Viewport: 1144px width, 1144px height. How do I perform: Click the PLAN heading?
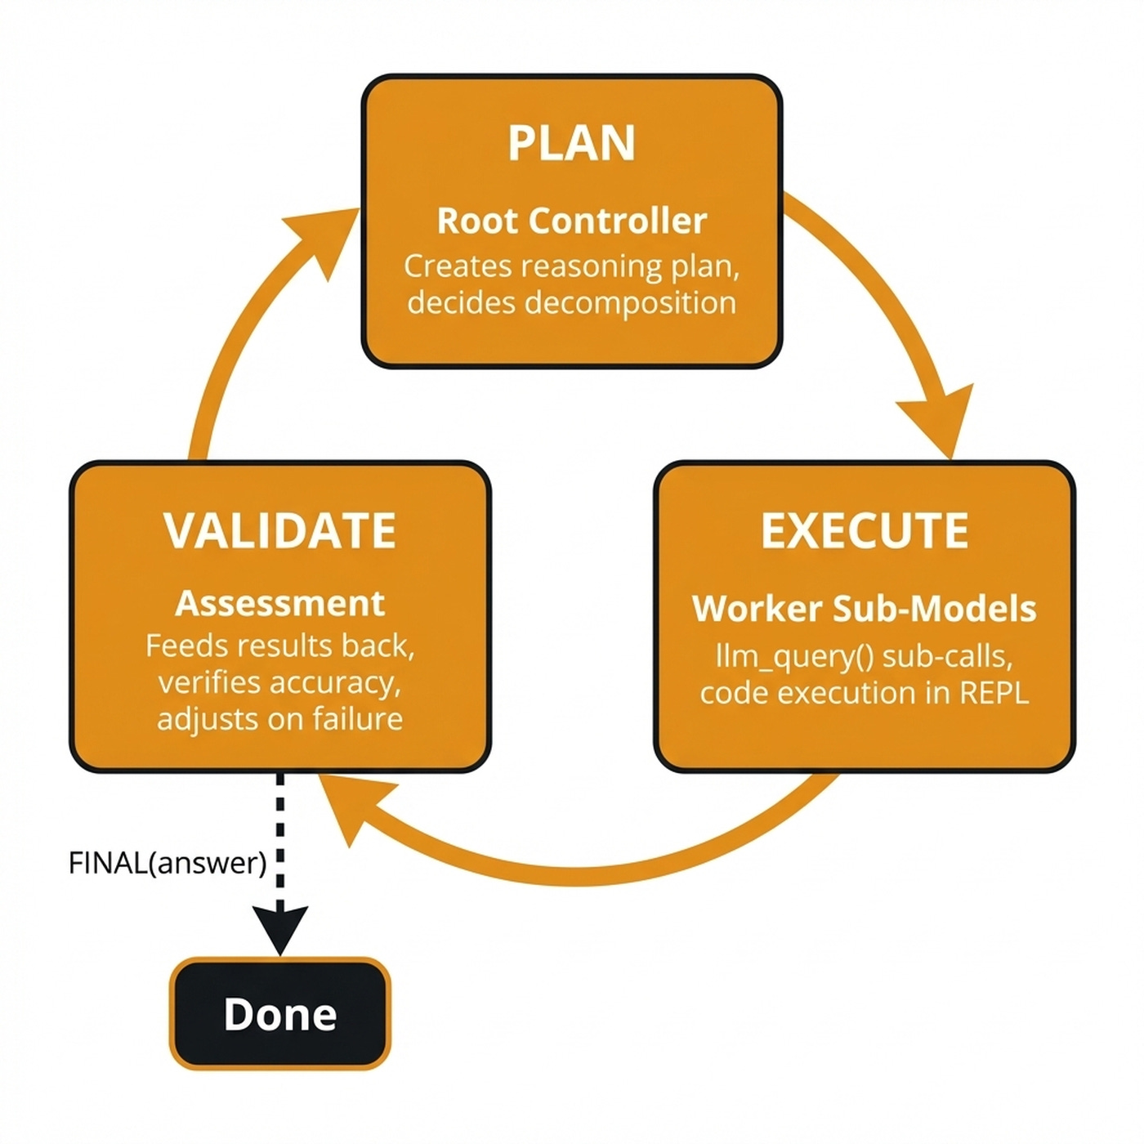coord(571,143)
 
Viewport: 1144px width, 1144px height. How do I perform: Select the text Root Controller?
coord(571,221)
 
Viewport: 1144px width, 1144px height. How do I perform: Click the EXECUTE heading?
coord(864,531)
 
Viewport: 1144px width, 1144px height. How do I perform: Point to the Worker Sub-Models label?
coord(864,609)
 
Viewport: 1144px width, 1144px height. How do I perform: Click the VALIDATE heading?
coord(279,531)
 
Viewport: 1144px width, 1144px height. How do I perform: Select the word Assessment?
coord(279,604)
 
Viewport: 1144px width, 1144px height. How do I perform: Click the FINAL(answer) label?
coord(168,863)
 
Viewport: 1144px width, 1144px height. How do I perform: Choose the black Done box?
coord(279,1013)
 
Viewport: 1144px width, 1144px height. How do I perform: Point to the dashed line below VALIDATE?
coord(279,833)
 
